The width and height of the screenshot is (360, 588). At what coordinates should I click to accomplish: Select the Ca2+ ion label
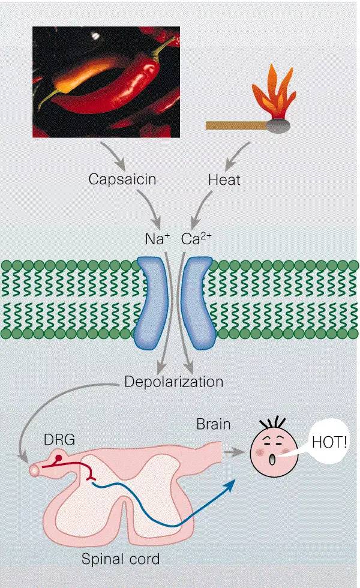coord(197,238)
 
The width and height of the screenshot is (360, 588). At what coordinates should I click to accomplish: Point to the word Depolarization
coord(173,382)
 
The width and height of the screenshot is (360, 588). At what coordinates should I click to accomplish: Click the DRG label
coord(58,440)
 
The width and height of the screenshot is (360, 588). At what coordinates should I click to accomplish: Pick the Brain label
coord(213,425)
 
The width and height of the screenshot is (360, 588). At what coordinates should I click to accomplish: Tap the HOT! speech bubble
coord(329,445)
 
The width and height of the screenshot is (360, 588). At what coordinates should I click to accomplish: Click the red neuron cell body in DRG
coord(59,460)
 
